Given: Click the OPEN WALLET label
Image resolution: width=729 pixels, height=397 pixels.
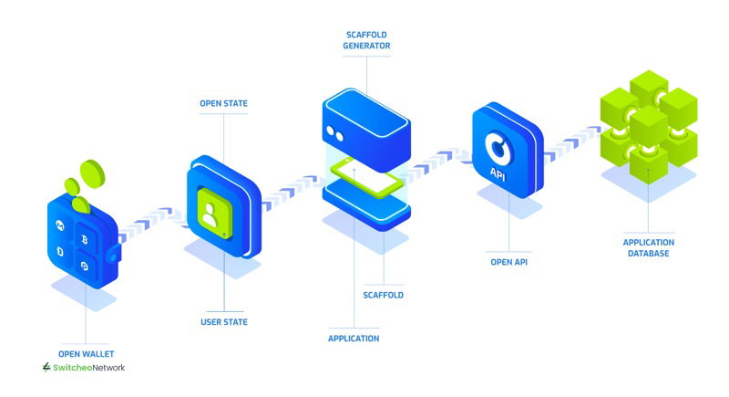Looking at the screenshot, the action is [x=86, y=354].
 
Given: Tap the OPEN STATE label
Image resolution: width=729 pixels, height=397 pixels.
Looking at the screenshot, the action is [x=223, y=103].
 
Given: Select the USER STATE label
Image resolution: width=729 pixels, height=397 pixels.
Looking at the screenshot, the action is [x=224, y=321].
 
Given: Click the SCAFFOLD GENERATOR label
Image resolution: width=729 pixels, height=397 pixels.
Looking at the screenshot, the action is [x=367, y=40].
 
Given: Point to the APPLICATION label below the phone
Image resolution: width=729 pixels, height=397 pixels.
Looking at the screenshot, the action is [x=354, y=339].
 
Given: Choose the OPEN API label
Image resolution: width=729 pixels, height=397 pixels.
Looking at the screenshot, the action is [x=509, y=262].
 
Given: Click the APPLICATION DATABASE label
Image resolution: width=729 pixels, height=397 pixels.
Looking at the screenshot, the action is [x=649, y=247].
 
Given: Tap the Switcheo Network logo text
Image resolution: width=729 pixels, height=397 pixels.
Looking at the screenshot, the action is [x=84, y=368].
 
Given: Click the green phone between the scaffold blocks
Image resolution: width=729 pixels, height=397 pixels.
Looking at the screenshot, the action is [x=367, y=177].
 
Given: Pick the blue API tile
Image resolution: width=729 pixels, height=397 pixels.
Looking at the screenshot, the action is [x=508, y=150].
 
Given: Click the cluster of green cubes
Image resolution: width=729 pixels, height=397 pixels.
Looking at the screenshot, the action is [x=649, y=126].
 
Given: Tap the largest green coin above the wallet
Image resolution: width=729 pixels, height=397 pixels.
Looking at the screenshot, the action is [x=93, y=173].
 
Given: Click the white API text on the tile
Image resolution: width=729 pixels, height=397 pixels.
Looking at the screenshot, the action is [x=497, y=173].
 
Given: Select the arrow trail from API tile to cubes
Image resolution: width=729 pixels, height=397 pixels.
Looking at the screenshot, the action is [x=572, y=142].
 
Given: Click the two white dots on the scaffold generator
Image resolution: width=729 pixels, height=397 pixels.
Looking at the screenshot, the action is [x=334, y=133].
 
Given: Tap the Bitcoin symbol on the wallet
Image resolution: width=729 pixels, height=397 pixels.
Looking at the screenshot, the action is [x=85, y=240].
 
